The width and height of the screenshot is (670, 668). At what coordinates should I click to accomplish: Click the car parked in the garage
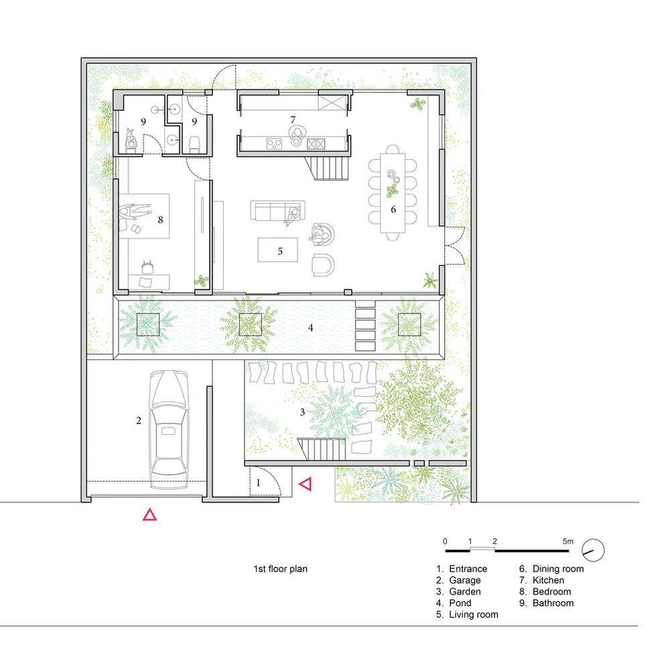tap(169, 429)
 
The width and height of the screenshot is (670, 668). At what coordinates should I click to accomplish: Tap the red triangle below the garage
tap(149, 515)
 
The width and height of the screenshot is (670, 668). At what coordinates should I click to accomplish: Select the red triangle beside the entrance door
tap(306, 484)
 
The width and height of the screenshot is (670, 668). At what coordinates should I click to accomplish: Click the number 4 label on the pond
tap(311, 328)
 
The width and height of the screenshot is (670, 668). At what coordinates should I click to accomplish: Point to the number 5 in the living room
tap(280, 251)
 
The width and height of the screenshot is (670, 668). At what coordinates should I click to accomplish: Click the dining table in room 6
tap(393, 193)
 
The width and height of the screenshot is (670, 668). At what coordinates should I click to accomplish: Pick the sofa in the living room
tap(278, 210)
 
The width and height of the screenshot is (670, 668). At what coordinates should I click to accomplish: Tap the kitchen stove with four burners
tap(274, 143)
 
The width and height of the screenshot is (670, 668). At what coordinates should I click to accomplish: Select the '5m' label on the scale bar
tap(568, 541)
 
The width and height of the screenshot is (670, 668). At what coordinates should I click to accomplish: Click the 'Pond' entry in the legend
tap(460, 603)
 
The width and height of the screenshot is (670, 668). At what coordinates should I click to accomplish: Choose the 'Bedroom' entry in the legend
tap(551, 592)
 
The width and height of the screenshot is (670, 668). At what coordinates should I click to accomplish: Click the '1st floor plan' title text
tap(280, 569)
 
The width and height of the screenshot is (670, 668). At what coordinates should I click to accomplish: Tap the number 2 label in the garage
tap(139, 421)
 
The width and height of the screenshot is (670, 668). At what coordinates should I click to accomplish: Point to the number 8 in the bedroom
tap(161, 220)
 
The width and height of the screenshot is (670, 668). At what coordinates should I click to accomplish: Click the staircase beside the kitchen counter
tap(328, 168)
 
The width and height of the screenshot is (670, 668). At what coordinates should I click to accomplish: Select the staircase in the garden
tap(322, 449)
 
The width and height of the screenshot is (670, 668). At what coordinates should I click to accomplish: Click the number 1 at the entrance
tap(258, 483)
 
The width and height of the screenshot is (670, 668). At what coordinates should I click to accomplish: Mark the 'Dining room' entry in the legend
tap(558, 569)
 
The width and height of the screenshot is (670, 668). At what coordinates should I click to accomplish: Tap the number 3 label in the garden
tap(303, 412)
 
